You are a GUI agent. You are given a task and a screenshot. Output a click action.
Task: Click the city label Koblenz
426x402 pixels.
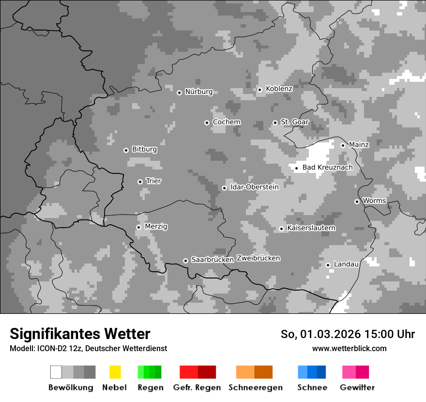point(279,89)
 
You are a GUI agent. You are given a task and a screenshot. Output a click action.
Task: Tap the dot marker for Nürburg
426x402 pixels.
point(179,93)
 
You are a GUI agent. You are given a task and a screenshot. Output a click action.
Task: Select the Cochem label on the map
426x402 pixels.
point(227,122)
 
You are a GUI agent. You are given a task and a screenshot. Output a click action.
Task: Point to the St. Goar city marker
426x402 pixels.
point(275,123)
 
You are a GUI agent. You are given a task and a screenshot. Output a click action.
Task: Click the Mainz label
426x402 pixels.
point(359,145)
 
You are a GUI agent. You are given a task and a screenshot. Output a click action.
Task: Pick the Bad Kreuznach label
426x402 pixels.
point(327,168)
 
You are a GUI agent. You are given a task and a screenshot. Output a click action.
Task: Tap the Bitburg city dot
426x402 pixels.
point(126,150)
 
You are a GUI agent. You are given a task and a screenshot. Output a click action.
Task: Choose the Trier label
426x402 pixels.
point(153,181)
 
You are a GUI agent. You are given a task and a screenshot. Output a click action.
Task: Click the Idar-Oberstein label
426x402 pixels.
point(255,187)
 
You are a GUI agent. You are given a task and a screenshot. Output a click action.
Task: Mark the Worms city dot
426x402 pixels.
point(357,201)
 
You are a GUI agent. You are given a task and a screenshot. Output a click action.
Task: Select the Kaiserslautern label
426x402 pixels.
point(311,228)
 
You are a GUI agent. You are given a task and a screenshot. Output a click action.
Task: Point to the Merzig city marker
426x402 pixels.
point(138,227)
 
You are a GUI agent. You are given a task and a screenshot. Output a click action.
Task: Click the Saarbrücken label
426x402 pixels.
point(213,260)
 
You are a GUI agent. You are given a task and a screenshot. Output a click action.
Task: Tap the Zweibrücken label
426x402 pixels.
point(259,258)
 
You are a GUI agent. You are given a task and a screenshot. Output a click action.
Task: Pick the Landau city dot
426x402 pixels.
point(328,265)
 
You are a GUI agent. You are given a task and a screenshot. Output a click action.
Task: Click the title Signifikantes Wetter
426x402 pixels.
point(80,334)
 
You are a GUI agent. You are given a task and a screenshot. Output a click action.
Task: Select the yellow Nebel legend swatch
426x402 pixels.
point(115,372)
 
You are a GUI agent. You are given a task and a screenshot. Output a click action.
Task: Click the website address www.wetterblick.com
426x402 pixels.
point(349,349)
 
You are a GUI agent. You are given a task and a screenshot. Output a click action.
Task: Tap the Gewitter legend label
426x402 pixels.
point(357,387)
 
